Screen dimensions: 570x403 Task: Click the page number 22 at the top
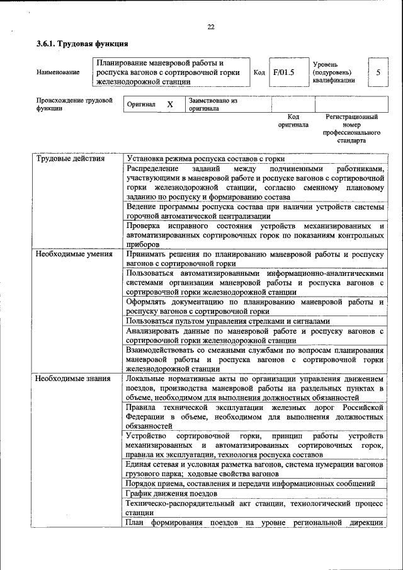[x=211, y=26]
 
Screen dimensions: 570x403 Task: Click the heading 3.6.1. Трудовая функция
[x=82, y=44]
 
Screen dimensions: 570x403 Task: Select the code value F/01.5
[x=284, y=72]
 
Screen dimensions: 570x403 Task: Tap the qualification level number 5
[x=378, y=72]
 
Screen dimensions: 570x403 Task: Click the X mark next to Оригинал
[x=170, y=105]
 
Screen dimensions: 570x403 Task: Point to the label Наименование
[x=58, y=72]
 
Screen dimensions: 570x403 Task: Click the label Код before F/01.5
[x=259, y=72]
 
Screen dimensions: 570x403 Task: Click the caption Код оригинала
[x=293, y=121]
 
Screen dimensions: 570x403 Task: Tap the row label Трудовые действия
[x=69, y=159]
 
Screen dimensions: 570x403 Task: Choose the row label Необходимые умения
[x=73, y=254]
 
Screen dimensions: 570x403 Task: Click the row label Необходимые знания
[x=73, y=379]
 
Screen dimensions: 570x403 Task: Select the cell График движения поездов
[x=172, y=494]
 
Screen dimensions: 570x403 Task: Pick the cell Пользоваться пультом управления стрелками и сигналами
[x=227, y=321]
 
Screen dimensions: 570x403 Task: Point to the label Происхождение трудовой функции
[x=74, y=104]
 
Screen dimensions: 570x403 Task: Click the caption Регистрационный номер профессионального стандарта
[x=351, y=129]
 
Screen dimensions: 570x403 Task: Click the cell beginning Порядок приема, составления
[x=251, y=483]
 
